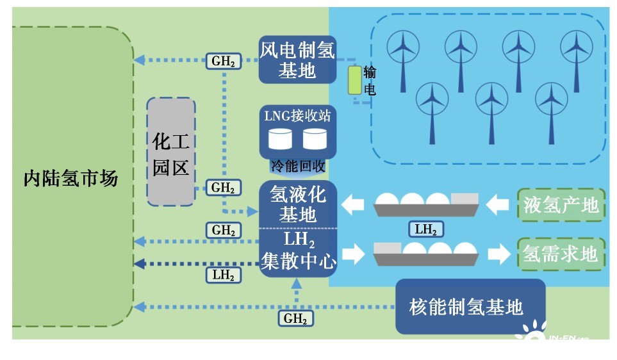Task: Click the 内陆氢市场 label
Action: [70, 177]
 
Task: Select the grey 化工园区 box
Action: [171, 152]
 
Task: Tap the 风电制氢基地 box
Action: [297, 60]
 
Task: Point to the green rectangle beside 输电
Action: [354, 80]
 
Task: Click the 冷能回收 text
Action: [298, 167]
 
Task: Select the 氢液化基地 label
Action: [298, 204]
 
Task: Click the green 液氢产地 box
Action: [561, 205]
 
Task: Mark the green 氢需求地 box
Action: [561, 254]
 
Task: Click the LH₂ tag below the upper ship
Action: [425, 229]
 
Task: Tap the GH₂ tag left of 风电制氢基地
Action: [223, 61]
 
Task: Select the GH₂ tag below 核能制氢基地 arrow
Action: [296, 318]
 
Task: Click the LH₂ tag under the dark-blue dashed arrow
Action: [223, 275]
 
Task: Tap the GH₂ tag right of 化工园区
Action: [223, 188]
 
